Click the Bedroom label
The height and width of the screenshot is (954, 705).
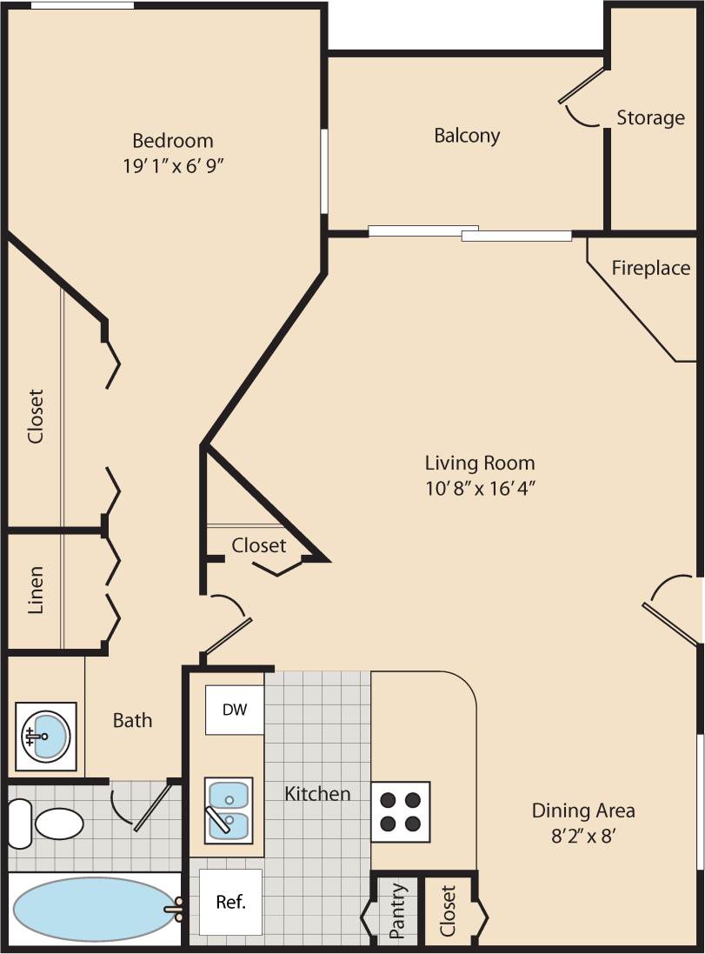[x=172, y=140]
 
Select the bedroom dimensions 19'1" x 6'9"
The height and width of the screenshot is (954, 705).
[x=174, y=165]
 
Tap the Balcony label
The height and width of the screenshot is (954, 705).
[x=467, y=136]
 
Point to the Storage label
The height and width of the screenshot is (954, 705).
[x=650, y=117]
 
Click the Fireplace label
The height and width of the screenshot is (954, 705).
[x=650, y=268]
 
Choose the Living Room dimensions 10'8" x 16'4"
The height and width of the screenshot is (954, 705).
[x=479, y=488]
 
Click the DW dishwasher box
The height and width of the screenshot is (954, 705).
[x=235, y=710]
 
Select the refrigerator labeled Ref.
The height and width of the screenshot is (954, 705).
[x=230, y=901]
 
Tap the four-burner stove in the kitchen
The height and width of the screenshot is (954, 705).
[x=401, y=811]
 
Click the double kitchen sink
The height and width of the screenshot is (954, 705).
[x=229, y=810]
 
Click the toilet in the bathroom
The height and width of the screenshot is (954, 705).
[x=48, y=823]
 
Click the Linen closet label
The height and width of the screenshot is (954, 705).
[x=36, y=591]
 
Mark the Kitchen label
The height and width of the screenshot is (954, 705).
[x=318, y=793]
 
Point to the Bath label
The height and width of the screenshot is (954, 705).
[x=132, y=720]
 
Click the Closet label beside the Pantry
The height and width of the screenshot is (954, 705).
[x=448, y=911]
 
